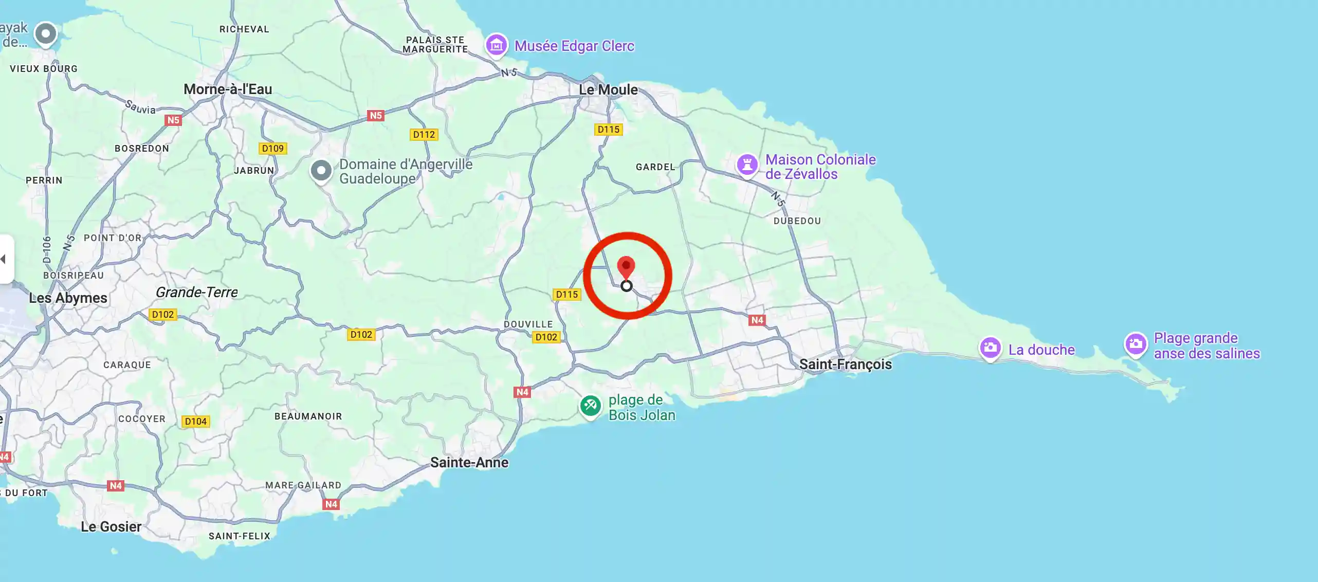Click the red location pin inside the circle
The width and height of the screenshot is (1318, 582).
coord(626,267)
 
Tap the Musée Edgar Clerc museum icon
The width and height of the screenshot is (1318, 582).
coord(496,46)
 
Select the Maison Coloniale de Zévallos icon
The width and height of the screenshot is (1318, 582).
coord(747,165)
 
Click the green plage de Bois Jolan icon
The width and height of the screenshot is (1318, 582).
coord(590,406)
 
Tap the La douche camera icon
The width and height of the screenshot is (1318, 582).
coord(990,348)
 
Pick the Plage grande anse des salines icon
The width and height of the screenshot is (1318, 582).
coord(1136,344)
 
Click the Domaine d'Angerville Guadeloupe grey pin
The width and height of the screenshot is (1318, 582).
coord(321,170)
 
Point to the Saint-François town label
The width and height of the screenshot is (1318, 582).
coord(845,364)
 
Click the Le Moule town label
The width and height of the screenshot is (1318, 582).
coord(608,89)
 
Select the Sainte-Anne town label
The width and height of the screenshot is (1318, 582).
coord(469,462)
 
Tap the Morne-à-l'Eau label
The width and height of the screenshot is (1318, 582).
coord(228,89)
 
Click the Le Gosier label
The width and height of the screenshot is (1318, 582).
coord(111,526)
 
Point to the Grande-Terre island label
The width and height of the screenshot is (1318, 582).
coord(196,292)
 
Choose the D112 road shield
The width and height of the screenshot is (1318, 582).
coord(424,135)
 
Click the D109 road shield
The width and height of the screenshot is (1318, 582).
coord(272,149)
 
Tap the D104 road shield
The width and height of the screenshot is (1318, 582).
coord(195,422)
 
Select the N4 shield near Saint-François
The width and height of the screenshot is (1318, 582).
coord(757,320)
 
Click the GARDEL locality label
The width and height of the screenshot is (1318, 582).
coord(655,167)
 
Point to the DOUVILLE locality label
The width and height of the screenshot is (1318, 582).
coord(528,324)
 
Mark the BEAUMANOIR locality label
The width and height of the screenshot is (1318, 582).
coord(308,416)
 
